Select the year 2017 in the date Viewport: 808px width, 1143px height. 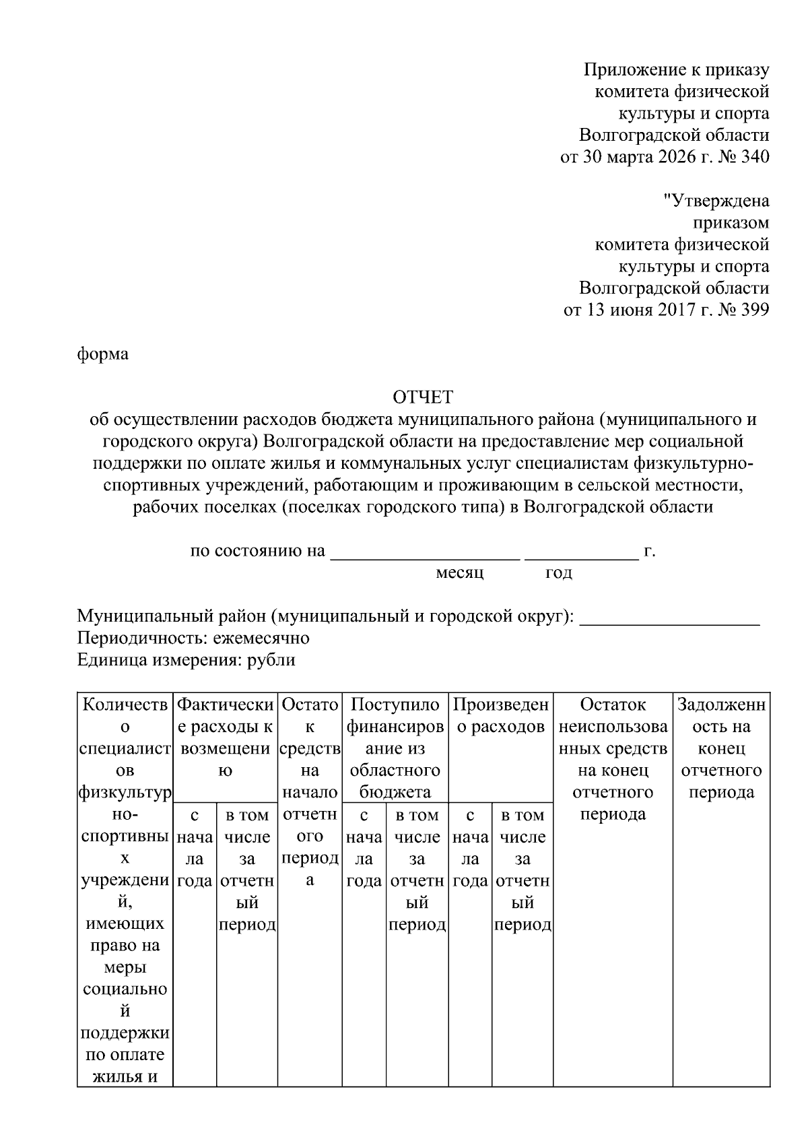(x=662, y=311)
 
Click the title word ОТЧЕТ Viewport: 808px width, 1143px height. (x=423, y=396)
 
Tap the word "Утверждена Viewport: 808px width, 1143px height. (x=716, y=201)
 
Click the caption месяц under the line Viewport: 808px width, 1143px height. (x=460, y=573)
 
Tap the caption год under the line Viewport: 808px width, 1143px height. (x=558, y=573)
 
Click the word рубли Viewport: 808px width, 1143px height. (x=271, y=660)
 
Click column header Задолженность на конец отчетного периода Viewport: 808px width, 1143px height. (x=721, y=748)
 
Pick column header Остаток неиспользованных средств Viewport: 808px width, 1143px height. (x=613, y=758)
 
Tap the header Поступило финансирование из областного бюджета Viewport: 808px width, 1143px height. (x=395, y=748)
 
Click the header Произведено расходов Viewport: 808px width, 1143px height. (x=501, y=715)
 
